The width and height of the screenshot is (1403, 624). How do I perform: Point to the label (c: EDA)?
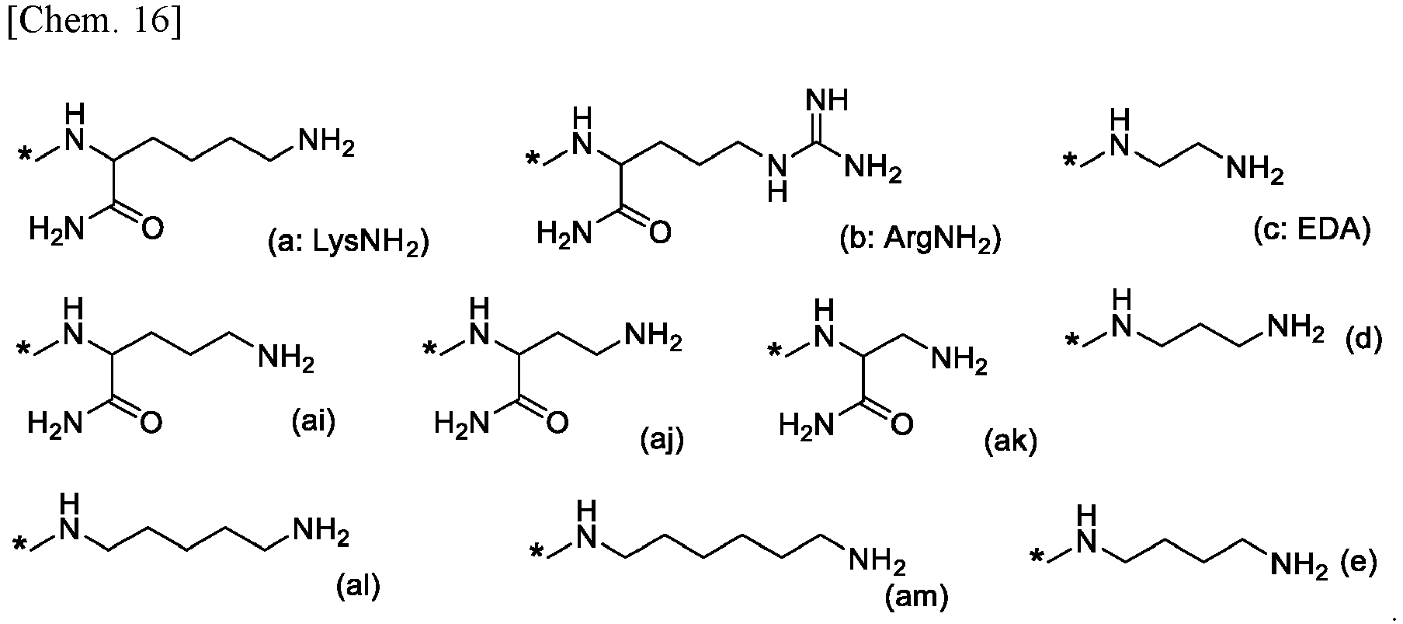1311,230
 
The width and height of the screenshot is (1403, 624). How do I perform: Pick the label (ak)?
1010,441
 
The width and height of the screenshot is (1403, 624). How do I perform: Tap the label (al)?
357,586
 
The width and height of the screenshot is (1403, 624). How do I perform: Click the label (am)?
917,597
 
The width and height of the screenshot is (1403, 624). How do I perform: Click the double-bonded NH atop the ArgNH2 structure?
826,100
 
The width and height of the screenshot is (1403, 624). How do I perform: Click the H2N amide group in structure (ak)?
807,425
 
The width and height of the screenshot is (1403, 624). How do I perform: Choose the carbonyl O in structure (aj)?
557,423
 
